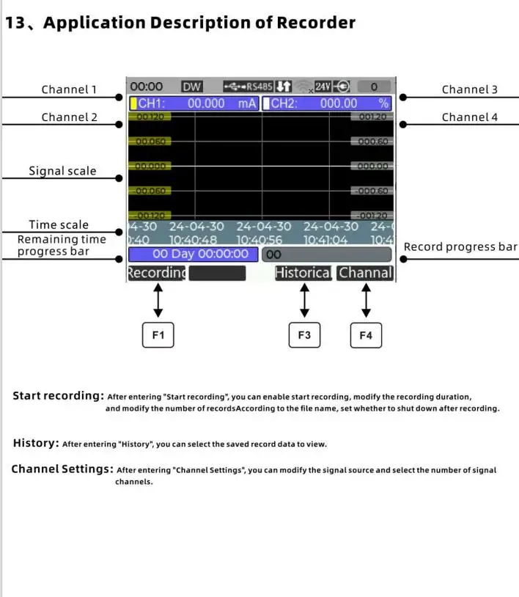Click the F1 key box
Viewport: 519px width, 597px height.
(x=158, y=335)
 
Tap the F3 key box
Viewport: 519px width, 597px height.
(x=304, y=335)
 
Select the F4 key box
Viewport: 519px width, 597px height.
(x=366, y=335)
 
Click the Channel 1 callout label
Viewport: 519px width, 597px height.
(x=69, y=89)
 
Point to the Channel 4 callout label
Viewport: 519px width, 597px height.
(x=469, y=117)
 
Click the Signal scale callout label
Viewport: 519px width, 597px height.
(x=62, y=171)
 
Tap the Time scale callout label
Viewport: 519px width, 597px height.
(x=59, y=225)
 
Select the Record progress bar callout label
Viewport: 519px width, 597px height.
(x=460, y=246)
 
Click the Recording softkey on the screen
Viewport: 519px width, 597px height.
(x=156, y=273)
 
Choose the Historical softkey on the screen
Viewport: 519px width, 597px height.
(x=303, y=273)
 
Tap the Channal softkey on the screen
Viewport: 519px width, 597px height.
(x=366, y=273)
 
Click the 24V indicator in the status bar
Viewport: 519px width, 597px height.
(x=323, y=87)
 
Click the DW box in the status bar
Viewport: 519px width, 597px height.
(x=191, y=87)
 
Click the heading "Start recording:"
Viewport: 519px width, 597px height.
(x=58, y=396)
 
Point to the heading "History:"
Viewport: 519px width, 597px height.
(x=36, y=443)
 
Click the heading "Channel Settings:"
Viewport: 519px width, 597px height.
(x=62, y=469)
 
